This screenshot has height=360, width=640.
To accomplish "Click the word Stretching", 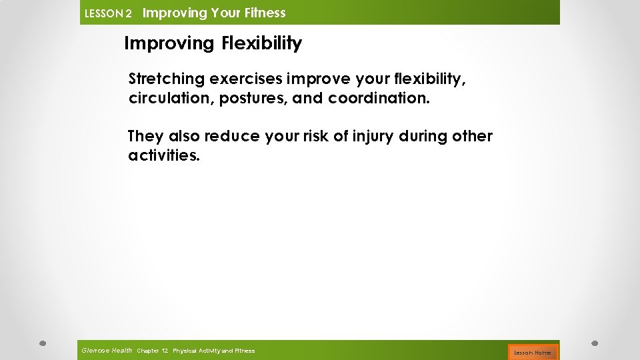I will (x=166, y=79).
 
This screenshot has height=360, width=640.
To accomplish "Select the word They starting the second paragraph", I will (x=145, y=137).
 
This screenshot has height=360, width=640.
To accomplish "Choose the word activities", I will (x=163, y=157).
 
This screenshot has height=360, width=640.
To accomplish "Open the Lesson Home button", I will (x=532, y=352).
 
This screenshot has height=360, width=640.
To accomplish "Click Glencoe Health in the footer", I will (x=107, y=350).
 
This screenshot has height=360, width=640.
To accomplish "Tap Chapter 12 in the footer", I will (x=152, y=351).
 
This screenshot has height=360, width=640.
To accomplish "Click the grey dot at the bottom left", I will (x=42, y=344).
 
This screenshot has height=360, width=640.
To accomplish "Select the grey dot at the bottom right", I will (x=595, y=344).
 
